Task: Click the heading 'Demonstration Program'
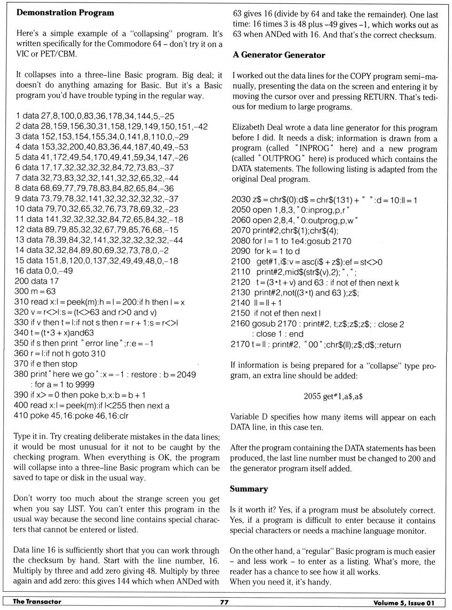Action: click(x=65, y=13)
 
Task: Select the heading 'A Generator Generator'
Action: click(x=279, y=55)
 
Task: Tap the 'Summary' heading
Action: click(x=249, y=489)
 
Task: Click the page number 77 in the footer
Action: click(x=224, y=602)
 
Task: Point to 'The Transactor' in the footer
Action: click(x=37, y=602)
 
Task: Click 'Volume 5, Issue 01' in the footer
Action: click(x=404, y=603)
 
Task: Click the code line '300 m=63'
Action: click(x=35, y=291)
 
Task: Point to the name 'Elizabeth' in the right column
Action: click(x=250, y=128)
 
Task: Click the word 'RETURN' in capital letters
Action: click(x=379, y=97)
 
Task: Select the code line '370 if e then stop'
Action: click(x=46, y=364)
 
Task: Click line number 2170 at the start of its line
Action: click(x=240, y=344)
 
